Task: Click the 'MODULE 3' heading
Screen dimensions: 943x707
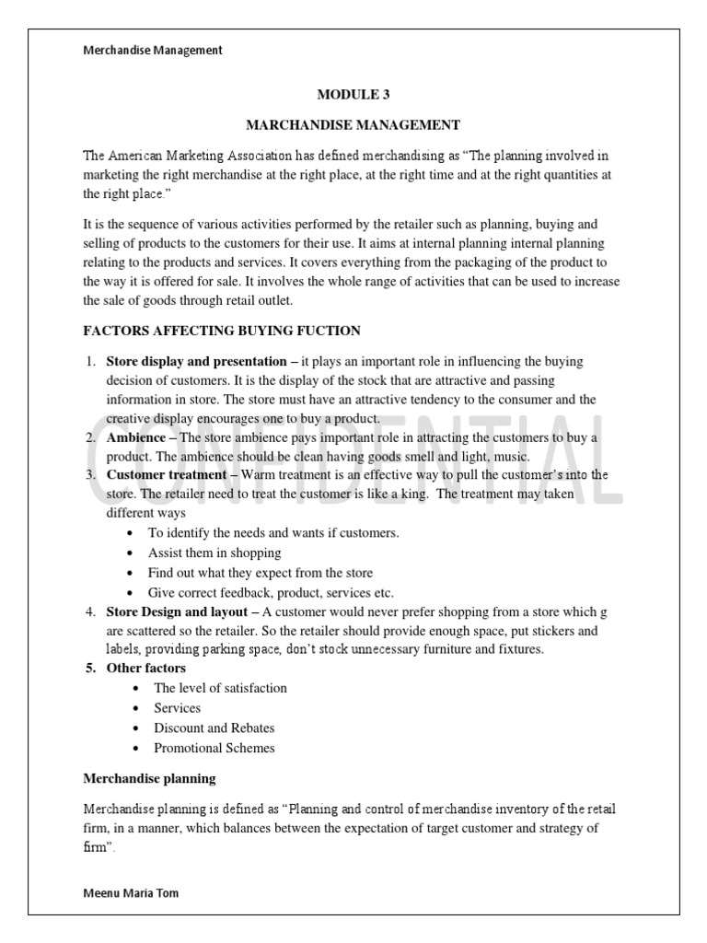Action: [x=347, y=94]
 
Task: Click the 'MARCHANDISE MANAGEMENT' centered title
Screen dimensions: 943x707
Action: [x=351, y=124]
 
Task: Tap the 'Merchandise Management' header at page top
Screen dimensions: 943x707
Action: [x=153, y=51]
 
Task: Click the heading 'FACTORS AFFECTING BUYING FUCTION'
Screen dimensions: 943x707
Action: [x=222, y=330]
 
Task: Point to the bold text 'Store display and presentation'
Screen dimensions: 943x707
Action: [x=196, y=361]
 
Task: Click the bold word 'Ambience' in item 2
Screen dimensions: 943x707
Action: [x=136, y=437]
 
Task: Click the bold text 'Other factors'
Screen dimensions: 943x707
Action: [x=146, y=668]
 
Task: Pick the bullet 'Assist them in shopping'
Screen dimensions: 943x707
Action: [x=214, y=553]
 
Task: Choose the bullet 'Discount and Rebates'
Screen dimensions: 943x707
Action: [x=214, y=728]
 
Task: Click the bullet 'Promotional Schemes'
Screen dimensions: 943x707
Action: [x=214, y=748]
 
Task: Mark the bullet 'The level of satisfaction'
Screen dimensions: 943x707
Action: [x=220, y=688]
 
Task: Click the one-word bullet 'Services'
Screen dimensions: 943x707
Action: [x=177, y=708]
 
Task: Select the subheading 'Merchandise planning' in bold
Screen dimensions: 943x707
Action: [x=149, y=778]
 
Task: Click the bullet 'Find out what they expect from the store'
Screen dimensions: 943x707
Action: [x=261, y=573]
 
